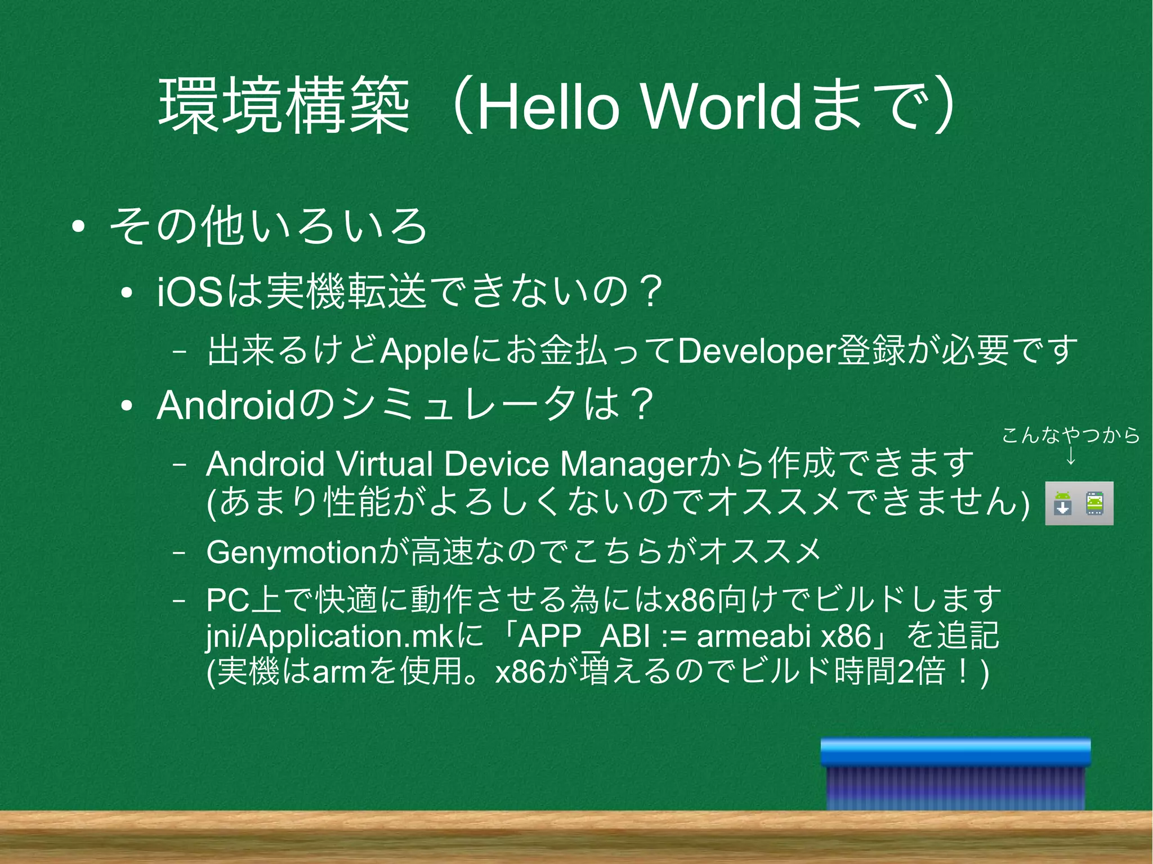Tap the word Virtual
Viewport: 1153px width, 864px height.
pyautogui.click(x=385, y=464)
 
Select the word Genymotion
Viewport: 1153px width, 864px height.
pyautogui.click(x=291, y=552)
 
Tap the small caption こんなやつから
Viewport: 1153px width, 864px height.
pyautogui.click(x=1071, y=435)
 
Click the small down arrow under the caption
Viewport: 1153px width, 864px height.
pyautogui.click(x=1071, y=456)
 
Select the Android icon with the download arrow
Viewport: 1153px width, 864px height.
pyautogui.click(x=1062, y=503)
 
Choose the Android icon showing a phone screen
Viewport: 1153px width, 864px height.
pyautogui.click(x=1095, y=503)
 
